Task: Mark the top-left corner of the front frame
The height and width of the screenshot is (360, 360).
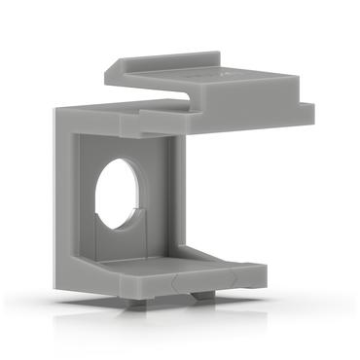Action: (55, 110)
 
